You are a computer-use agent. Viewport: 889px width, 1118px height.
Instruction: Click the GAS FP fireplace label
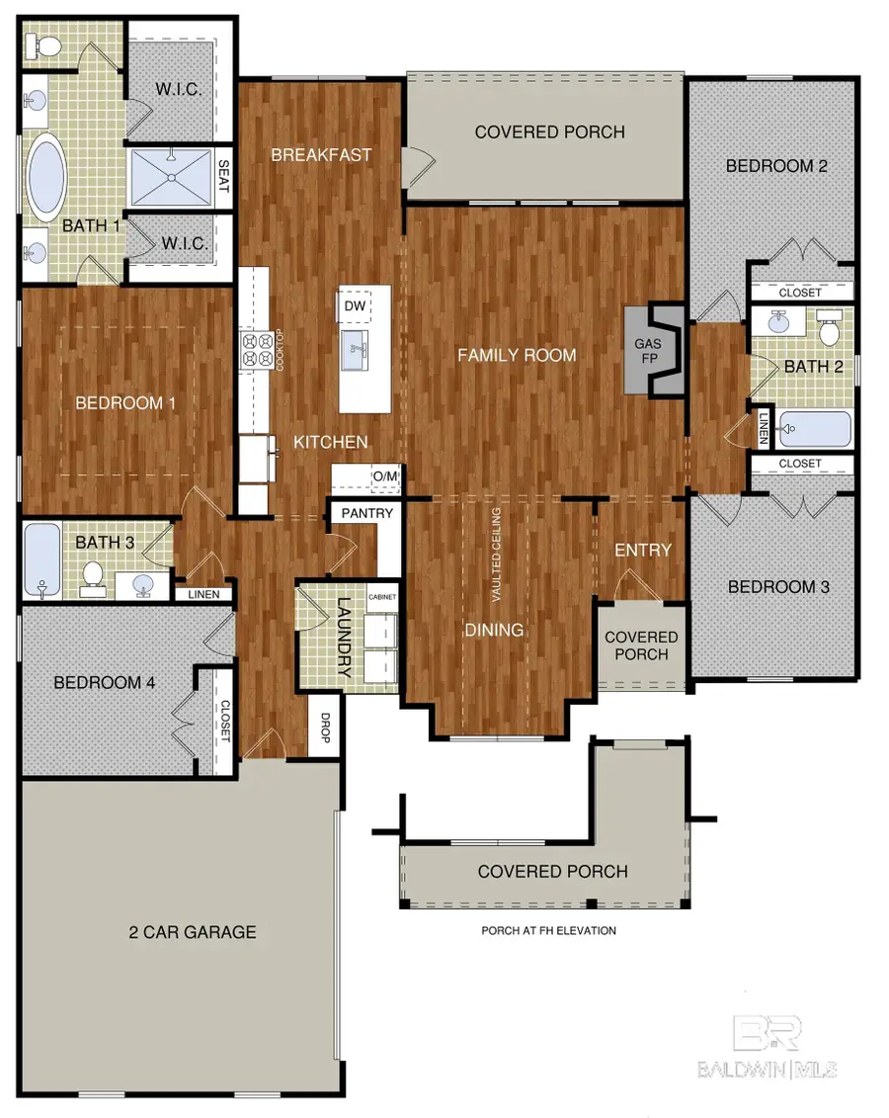tap(648, 351)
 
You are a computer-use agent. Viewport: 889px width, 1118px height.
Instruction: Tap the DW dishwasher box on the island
tap(355, 306)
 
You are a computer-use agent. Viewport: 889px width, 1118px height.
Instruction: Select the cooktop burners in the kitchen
tap(257, 349)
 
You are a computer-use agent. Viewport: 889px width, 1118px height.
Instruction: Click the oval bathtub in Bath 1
tap(47, 177)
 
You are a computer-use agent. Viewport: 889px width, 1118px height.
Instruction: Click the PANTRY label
tap(366, 513)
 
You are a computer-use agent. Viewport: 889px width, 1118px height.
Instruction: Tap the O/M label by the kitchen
tap(385, 475)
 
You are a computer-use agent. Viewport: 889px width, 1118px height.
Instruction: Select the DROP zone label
tap(325, 728)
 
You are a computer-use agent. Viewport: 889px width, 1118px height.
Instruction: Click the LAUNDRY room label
tap(344, 637)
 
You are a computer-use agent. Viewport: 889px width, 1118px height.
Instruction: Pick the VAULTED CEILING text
tap(497, 554)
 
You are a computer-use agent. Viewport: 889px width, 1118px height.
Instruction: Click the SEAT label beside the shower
tap(223, 175)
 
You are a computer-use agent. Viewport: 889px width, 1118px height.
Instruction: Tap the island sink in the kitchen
tap(356, 351)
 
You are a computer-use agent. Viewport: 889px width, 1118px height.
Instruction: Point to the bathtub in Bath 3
tap(42, 559)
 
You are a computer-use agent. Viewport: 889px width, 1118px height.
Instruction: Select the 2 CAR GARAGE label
tap(193, 932)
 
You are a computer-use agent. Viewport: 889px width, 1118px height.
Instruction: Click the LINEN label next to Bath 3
tap(203, 594)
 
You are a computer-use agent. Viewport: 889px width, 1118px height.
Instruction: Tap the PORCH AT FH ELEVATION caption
tap(548, 930)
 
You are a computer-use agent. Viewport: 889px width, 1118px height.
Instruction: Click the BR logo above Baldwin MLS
tap(768, 1033)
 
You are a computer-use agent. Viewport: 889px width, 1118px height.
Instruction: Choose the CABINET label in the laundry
tap(382, 597)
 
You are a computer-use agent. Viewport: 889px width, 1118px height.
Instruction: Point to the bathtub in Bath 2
tap(815, 429)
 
